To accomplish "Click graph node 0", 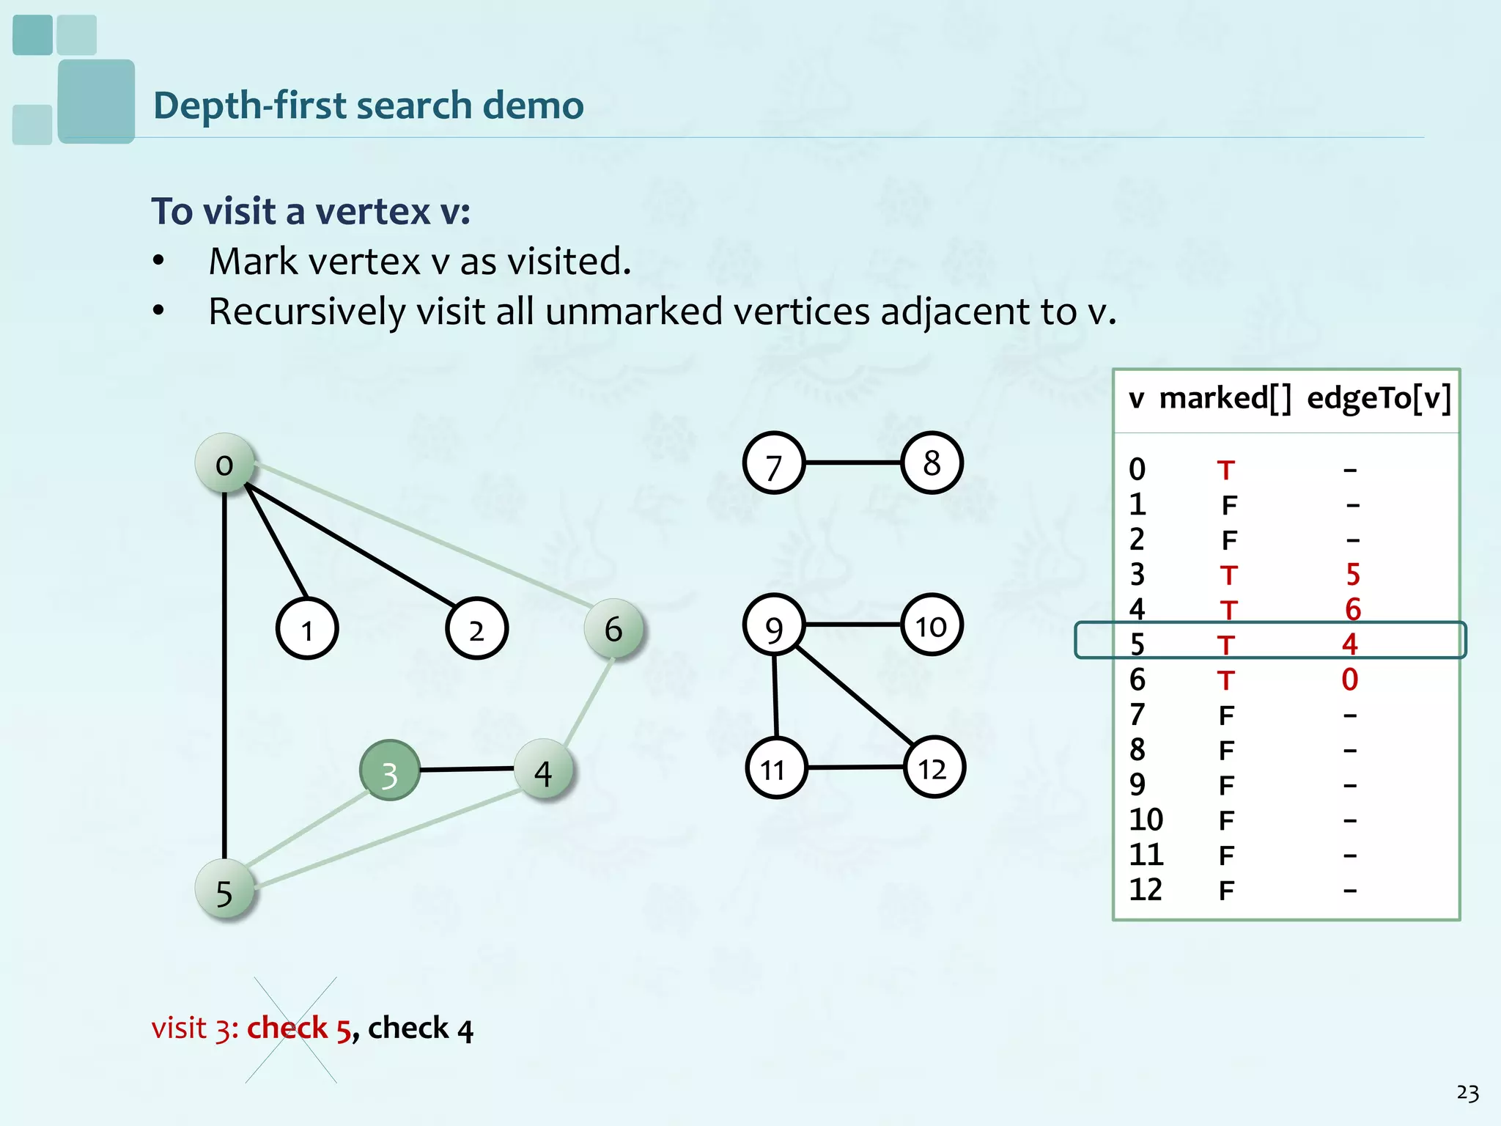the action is [225, 463].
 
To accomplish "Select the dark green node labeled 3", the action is [390, 770].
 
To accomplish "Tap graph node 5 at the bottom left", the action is [225, 890].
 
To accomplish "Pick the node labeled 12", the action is [934, 768].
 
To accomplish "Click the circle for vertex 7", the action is [774, 463].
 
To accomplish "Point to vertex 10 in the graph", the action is [932, 625].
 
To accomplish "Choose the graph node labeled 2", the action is [476, 629].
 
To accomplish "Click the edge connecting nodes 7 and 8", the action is [852, 463].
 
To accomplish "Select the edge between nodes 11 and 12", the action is [855, 768].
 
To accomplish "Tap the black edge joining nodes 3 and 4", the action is [466, 769].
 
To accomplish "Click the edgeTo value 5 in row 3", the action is [1352, 575].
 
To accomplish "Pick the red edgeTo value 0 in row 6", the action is [1350, 680].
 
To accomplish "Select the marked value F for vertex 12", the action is [1226, 891].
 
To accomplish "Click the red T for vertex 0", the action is [1226, 470].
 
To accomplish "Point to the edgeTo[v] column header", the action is [1379, 399].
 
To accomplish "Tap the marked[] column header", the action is [1225, 399].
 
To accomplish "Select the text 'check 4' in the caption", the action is [421, 1029].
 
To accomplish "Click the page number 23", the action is [1467, 1093].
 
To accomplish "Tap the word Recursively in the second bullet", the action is [306, 312].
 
